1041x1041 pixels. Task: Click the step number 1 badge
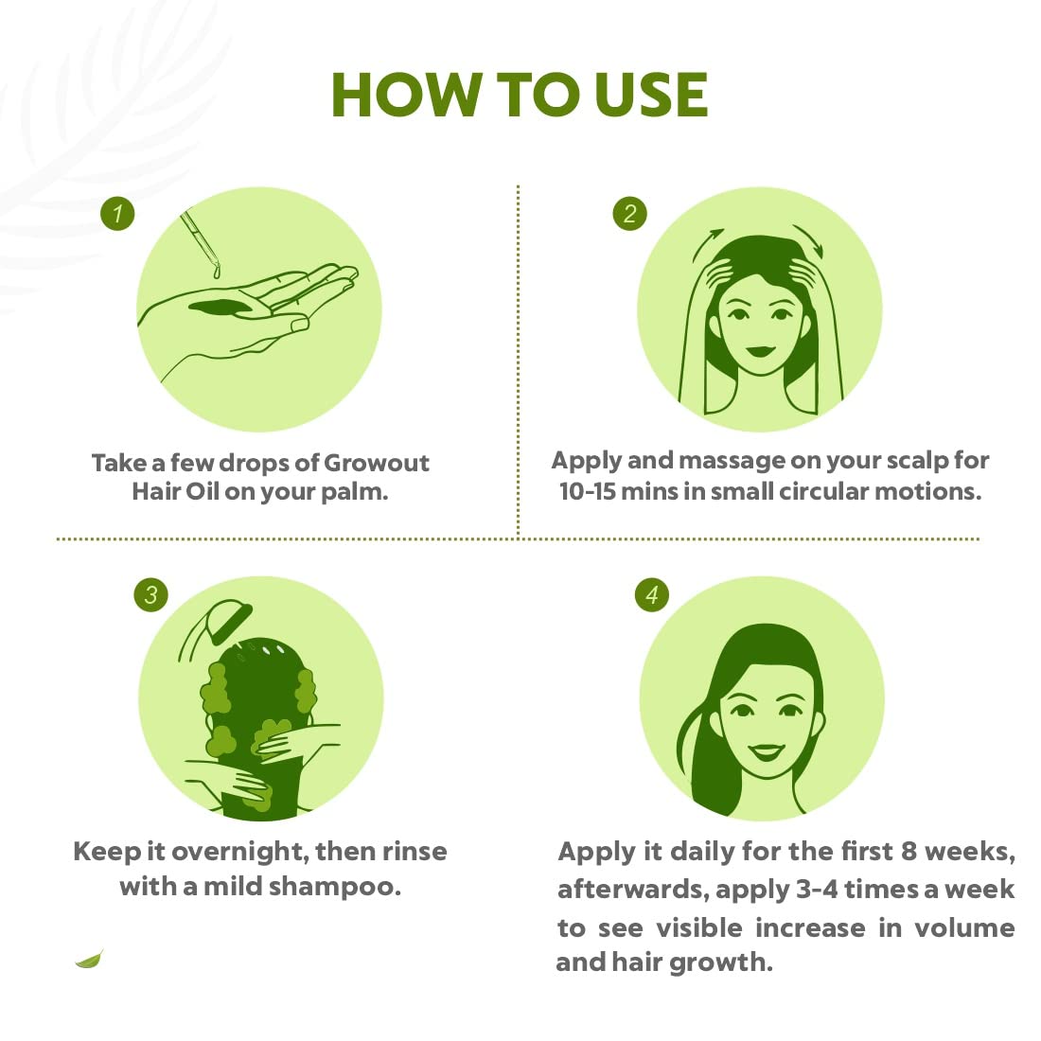117,213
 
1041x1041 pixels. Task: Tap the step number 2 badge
629,213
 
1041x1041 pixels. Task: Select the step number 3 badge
151,595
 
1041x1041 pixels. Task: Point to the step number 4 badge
651,595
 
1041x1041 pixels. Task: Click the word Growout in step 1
377,463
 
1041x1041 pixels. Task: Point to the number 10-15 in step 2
586,492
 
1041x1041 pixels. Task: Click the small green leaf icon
89,960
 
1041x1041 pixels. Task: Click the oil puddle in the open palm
222,306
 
